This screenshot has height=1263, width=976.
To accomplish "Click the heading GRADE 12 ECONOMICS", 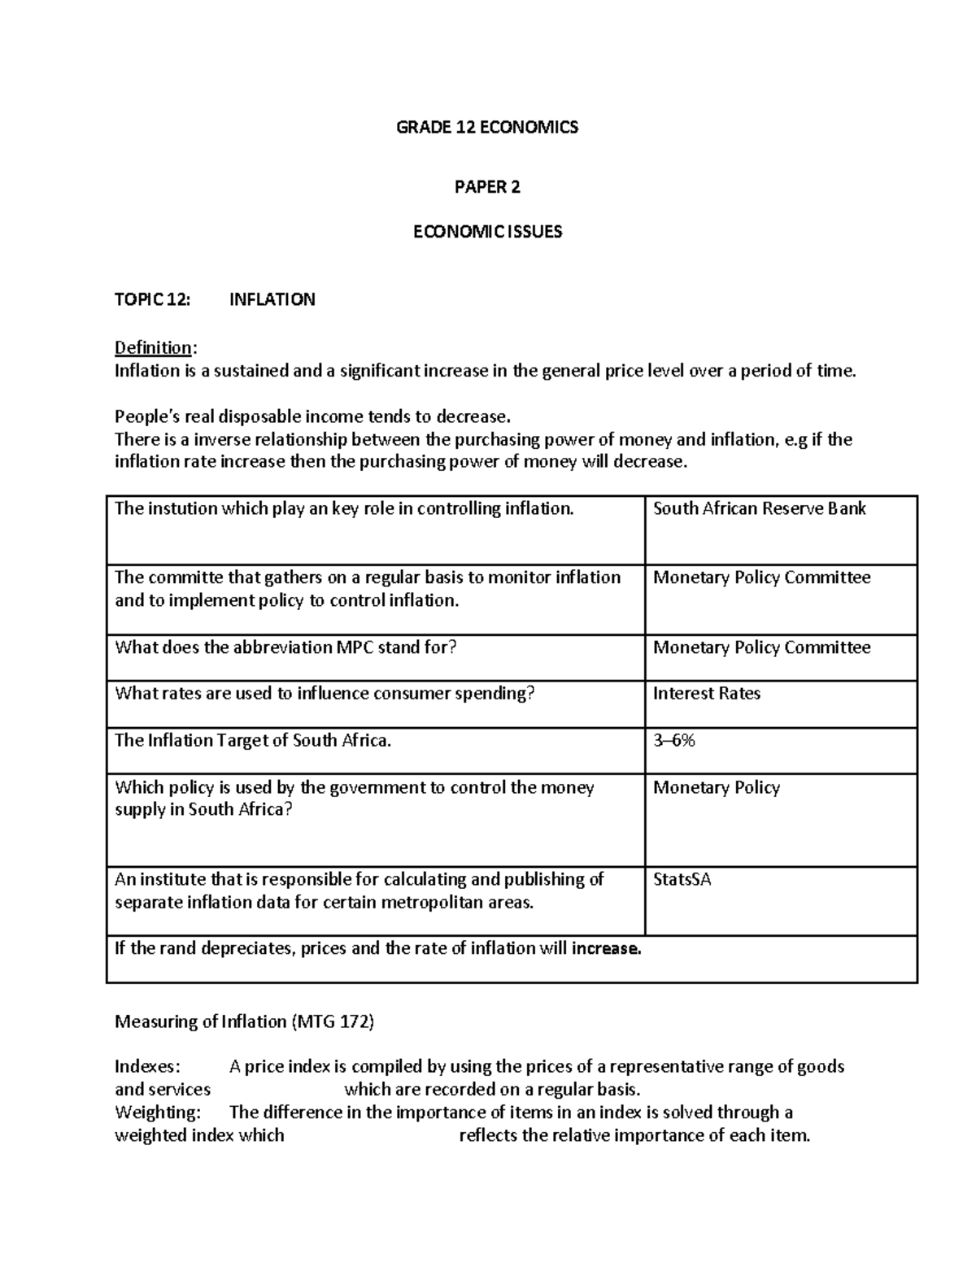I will tap(486, 127).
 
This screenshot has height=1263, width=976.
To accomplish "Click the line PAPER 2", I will tap(486, 187).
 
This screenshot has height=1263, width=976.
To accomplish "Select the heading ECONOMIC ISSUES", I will tap(487, 232).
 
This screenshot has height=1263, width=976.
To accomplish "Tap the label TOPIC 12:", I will tap(152, 299).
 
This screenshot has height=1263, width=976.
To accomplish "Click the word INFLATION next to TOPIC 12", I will tap(272, 299).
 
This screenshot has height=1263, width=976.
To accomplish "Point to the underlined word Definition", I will tap(154, 348).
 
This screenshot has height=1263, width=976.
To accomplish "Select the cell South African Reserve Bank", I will tap(759, 509).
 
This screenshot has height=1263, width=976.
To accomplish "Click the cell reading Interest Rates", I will tap(706, 694).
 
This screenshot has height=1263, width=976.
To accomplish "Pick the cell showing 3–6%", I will tap(673, 740).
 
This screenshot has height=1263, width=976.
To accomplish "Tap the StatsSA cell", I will tap(682, 879).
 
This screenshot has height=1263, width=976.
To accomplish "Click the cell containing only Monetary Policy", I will tap(716, 787).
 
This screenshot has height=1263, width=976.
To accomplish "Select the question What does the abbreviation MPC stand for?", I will tap(286, 647).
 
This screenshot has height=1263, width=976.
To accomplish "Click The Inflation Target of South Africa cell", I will tap(253, 740).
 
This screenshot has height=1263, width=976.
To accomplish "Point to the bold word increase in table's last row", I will tap(606, 948).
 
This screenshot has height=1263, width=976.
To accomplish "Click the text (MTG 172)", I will tap(332, 1021).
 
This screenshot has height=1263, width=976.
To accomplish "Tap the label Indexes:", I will tap(149, 1066).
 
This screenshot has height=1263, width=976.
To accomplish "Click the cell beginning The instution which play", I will tap(344, 509).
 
